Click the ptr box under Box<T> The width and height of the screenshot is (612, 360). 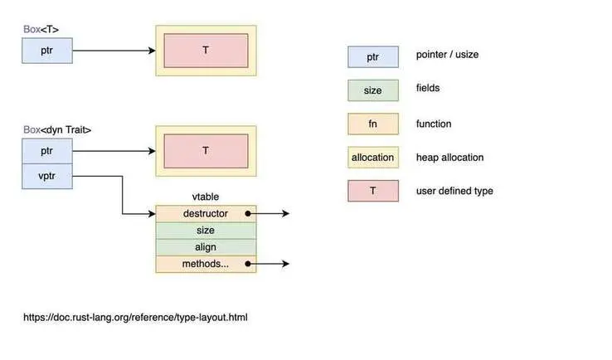47,51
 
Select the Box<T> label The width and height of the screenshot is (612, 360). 41,30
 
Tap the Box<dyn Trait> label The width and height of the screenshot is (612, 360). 57,129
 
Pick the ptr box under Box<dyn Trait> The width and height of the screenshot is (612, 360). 47,151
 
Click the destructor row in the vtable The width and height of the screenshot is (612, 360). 206,213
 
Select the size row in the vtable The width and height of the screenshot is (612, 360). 206,230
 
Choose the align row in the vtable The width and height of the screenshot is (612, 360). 206,247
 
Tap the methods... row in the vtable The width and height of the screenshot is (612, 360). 206,264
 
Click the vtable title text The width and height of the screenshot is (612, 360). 206,197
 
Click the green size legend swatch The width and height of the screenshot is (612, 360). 372,90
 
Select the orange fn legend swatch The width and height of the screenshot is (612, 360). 372,124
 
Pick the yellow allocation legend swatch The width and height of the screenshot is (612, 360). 372,157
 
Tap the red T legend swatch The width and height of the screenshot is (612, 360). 372,191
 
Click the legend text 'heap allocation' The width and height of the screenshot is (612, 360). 449,157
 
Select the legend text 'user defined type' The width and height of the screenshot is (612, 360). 454,191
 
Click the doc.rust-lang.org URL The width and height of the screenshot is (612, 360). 135,317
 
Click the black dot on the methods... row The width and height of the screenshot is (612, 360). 248,264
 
